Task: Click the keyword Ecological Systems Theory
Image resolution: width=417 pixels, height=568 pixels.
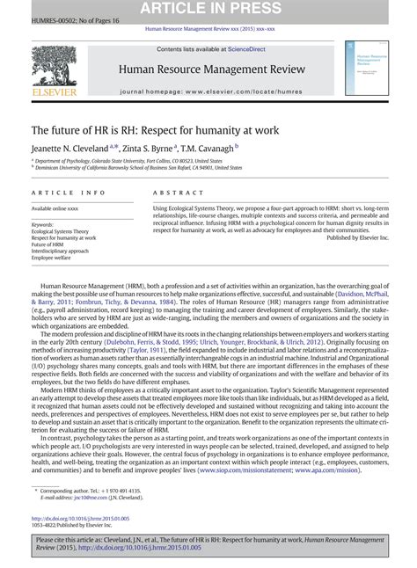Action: (x=62, y=231)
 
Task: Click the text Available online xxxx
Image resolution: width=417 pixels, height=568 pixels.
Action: (x=57, y=208)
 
